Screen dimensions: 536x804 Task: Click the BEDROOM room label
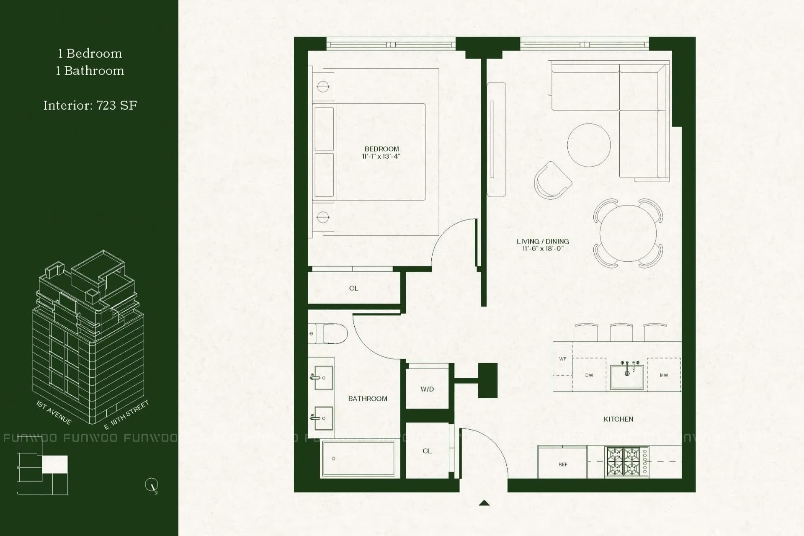[x=381, y=149]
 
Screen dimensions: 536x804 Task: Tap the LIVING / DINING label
[x=543, y=242]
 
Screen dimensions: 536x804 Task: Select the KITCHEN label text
[x=618, y=419]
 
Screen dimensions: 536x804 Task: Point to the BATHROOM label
[x=368, y=399]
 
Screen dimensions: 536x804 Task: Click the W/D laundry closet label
[x=427, y=389]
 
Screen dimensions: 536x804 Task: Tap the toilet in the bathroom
[x=331, y=334]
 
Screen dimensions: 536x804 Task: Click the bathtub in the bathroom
[x=358, y=459]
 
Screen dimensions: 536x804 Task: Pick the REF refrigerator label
[x=563, y=464]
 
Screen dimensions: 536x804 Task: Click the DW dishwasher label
[x=589, y=375]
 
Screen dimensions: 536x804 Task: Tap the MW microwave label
[x=664, y=375]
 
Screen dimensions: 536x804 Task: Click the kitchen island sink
[x=627, y=376]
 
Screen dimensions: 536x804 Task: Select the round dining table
[x=628, y=233]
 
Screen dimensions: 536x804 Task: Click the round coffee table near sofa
[x=588, y=145]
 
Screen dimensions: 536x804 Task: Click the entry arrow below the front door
[x=484, y=503]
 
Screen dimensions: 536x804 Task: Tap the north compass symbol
[x=152, y=485]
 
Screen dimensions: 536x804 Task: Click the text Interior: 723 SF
[x=90, y=106]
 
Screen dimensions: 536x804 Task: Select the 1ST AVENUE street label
[x=54, y=412]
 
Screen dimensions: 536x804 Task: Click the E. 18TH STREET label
[x=126, y=415]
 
